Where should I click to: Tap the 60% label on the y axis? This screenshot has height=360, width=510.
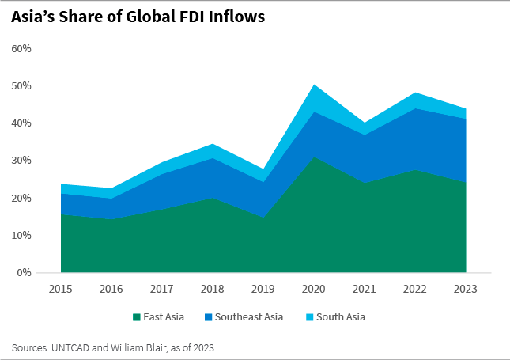pyautogui.click(x=21, y=49)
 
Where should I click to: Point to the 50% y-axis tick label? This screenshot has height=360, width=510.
pyautogui.click(x=21, y=86)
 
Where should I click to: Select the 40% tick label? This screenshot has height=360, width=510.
pyautogui.click(x=21, y=123)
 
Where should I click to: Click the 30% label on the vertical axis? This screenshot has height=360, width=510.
pyautogui.click(x=21, y=161)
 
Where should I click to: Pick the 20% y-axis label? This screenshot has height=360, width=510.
pyautogui.click(x=21, y=198)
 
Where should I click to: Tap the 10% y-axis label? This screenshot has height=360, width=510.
pyautogui.click(x=21, y=236)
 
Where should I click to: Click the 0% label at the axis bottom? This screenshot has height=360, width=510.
pyautogui.click(x=24, y=273)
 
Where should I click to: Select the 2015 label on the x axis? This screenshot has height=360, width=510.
pyautogui.click(x=61, y=289)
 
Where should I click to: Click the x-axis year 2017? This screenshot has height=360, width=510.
pyautogui.click(x=162, y=289)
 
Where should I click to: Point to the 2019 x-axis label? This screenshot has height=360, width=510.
pyautogui.click(x=263, y=289)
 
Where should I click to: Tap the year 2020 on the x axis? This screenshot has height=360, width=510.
pyautogui.click(x=314, y=289)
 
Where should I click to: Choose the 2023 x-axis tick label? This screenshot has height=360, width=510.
pyautogui.click(x=466, y=289)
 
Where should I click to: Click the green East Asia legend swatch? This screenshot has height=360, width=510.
pyautogui.click(x=135, y=317)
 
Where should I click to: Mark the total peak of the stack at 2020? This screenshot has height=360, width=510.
pyautogui.click(x=314, y=85)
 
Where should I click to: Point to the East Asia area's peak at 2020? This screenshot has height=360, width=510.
pyautogui.click(x=314, y=158)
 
